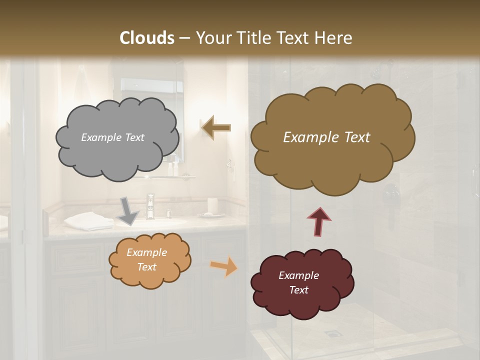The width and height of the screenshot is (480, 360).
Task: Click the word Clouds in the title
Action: click(x=147, y=38)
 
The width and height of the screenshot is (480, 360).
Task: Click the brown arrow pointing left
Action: click(x=216, y=127)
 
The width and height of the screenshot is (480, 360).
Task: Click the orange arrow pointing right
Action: click(x=224, y=266)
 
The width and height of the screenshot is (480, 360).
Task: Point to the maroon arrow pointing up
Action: click(x=319, y=221)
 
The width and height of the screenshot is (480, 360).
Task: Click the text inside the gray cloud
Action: click(x=112, y=137)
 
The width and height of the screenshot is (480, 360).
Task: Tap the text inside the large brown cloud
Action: click(x=326, y=137)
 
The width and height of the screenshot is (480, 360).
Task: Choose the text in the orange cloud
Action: click(x=146, y=260)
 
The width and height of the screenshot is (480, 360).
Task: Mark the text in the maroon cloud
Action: click(x=298, y=283)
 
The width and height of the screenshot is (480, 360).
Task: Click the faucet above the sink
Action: click(x=150, y=205)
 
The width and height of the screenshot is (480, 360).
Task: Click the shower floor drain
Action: click(x=331, y=333)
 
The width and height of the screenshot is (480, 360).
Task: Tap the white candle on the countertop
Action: click(x=212, y=205)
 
